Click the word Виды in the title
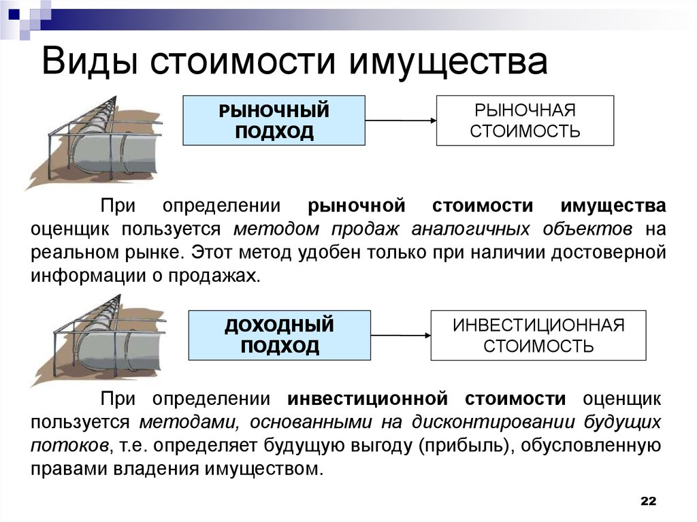[x=90, y=61]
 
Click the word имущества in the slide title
[x=448, y=63]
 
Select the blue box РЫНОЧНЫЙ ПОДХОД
[x=274, y=120]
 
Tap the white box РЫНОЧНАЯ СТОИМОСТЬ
[x=525, y=120]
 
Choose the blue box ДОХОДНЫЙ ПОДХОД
[x=280, y=336]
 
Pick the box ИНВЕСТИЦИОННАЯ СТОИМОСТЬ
[x=538, y=336]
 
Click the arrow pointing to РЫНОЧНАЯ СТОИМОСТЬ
[x=400, y=120]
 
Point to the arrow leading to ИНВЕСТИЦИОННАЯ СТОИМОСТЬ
[x=400, y=336]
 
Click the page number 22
[x=649, y=501]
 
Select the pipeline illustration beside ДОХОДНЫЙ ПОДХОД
[x=99, y=340]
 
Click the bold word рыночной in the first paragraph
[x=357, y=206]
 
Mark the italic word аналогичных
[x=470, y=229]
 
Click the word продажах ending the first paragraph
[x=214, y=276]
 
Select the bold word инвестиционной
[x=368, y=399]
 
